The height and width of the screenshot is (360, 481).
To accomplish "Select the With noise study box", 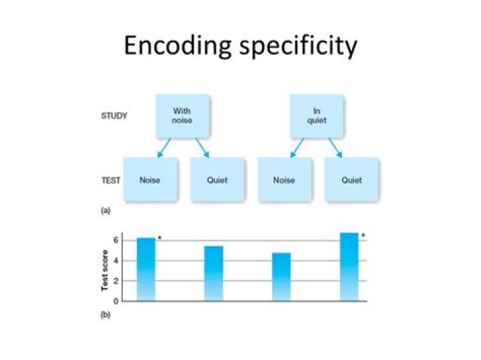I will [x=182, y=116].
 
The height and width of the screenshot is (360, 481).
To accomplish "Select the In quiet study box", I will [x=316, y=116].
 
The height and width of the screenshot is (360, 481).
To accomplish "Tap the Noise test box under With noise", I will [x=150, y=180].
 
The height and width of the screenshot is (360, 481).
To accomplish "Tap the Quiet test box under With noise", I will [x=217, y=180].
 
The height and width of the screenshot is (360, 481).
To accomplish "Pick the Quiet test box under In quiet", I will [x=351, y=180].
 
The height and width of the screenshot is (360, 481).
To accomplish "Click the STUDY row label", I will [x=114, y=116].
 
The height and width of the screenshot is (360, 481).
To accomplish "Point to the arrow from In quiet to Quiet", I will [x=335, y=148].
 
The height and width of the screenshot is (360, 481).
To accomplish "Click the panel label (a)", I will [x=106, y=210].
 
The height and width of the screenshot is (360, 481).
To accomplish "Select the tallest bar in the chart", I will [x=349, y=266].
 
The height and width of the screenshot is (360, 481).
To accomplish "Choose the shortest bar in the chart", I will [x=281, y=277].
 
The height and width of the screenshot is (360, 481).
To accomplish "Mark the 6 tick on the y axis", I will [x=115, y=240].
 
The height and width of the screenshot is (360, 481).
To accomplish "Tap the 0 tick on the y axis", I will [x=115, y=301].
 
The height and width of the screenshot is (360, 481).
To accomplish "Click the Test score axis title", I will [x=105, y=270].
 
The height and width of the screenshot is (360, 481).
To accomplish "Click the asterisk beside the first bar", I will [x=160, y=238].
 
